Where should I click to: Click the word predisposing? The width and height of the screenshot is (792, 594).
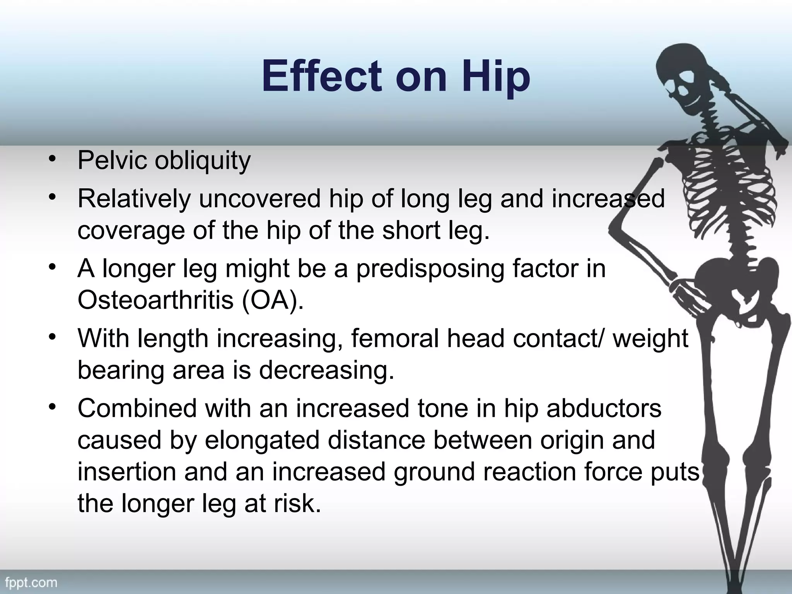(430, 269)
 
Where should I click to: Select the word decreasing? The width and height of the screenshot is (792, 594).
(326, 370)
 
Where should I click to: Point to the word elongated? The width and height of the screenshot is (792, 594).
(262, 440)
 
